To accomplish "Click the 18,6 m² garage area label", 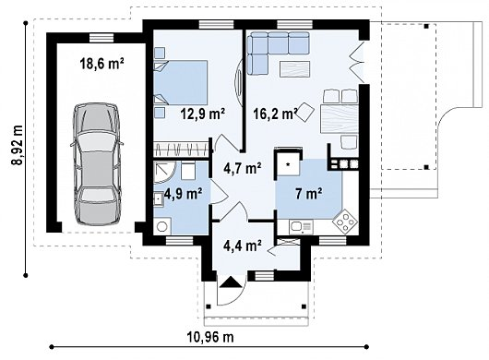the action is pos(102,64).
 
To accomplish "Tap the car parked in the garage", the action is pos(97,164).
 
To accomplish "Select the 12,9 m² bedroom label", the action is pos(203,114).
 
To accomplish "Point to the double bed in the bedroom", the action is pos(181,83).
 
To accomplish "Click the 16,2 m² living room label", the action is pos(275,114).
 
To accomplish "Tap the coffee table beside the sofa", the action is pos(294,69).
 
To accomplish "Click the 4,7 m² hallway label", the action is pos(243,168).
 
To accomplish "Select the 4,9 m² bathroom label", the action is pos(183,194).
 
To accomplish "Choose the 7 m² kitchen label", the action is pos(309,194).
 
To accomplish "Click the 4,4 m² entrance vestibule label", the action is pos(243,246).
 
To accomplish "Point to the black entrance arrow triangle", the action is pos(231,282).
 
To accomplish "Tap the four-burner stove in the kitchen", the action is pos(345,222).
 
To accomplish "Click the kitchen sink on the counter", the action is pos(301,227).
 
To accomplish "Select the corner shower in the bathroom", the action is pos(165,173).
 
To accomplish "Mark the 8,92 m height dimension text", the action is pos(18,145).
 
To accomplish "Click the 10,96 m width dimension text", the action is pos(210,337).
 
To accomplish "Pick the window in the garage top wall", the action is pos(101,38).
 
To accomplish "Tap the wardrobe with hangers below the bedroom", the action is pos(181,150).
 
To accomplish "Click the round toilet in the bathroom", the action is pos(161,226).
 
